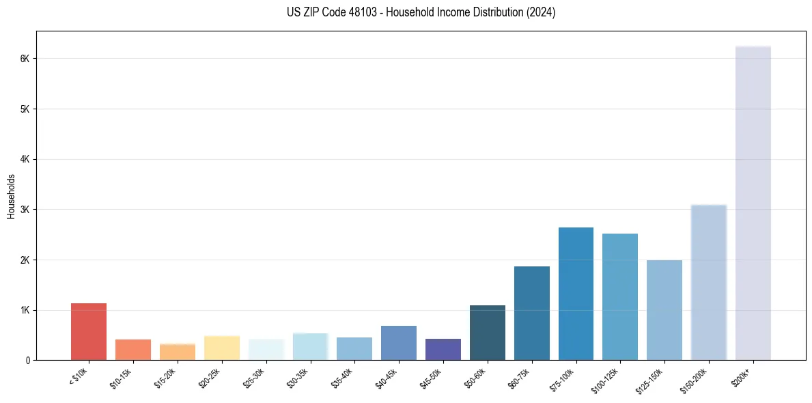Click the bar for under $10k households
[x=89, y=331]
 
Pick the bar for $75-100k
[x=576, y=294]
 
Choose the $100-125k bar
[x=620, y=296]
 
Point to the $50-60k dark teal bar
[x=488, y=333]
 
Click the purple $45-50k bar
[x=443, y=349]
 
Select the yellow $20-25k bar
[x=222, y=348]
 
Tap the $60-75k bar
[x=532, y=313]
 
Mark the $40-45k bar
[x=399, y=343]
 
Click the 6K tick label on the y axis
[x=25, y=59]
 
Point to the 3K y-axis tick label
[x=25, y=210]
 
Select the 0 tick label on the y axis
[x=28, y=360]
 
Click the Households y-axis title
[x=11, y=196]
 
